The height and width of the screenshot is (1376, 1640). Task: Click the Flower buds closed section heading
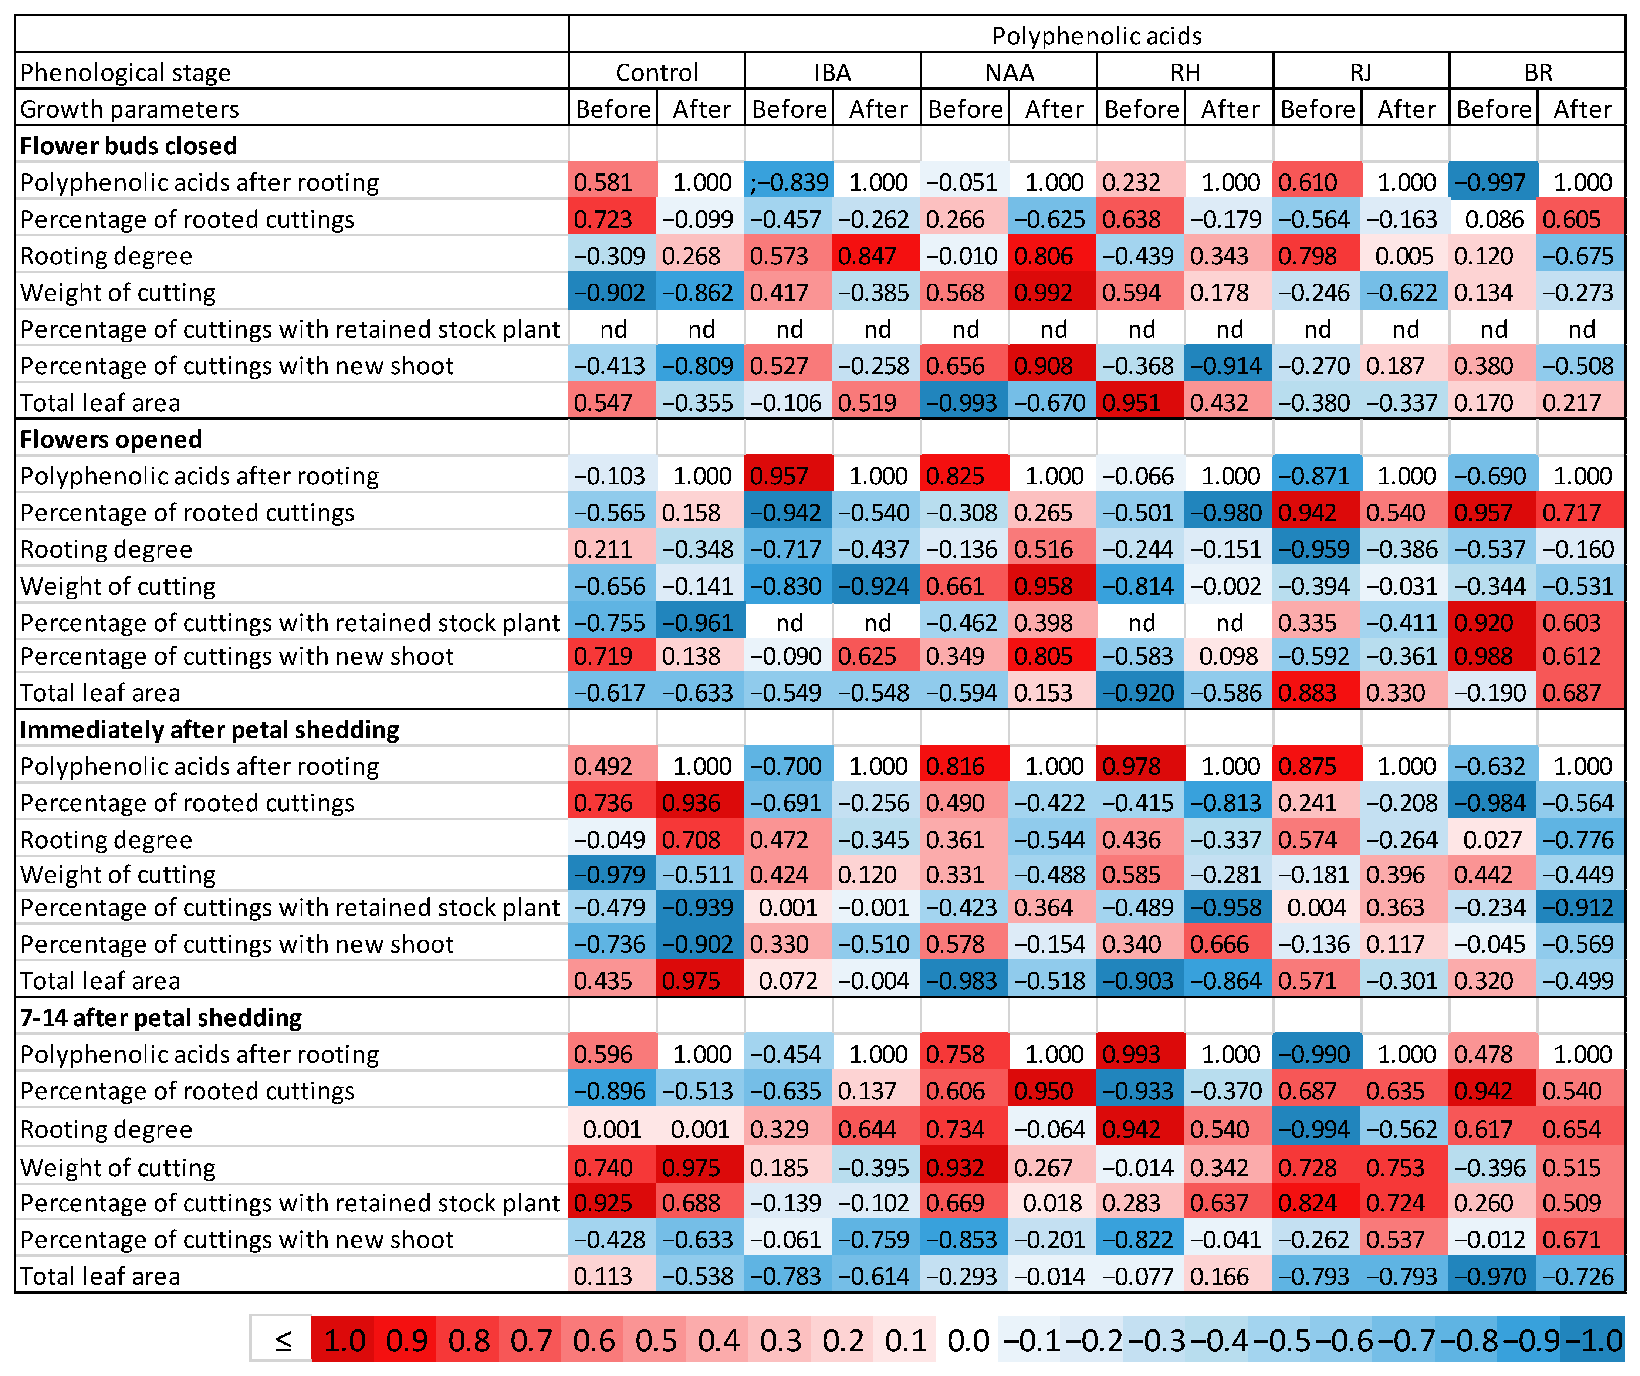pos(129,146)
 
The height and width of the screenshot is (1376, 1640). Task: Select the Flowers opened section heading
pos(111,440)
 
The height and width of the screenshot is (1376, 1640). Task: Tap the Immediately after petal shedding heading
pos(209,729)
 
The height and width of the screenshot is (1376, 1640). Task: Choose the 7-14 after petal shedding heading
pos(161,1018)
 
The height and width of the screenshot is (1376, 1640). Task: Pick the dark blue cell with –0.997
pos(1493,183)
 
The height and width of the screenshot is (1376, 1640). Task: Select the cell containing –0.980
pos(1229,513)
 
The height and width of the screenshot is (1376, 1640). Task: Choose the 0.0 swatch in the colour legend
pos(968,1341)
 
